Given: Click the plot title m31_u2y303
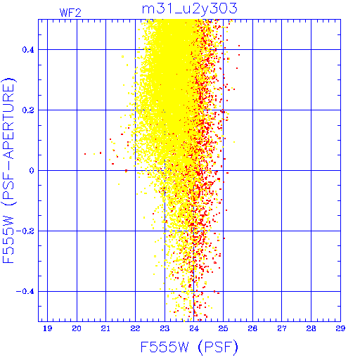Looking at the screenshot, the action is pos(190,9).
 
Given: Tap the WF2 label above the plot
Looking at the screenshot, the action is pos(70,13).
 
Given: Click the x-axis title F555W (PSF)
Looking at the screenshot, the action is pos(189,347).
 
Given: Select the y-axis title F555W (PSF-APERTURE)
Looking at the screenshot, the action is pos(9,170).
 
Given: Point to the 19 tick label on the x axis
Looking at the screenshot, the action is pos(47,328).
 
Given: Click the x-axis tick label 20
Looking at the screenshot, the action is pos(77,328).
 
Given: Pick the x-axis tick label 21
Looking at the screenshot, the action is pos(105,328).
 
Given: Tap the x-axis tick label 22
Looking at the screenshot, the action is pos(135,328).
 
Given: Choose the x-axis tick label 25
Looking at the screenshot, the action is pos(223,328).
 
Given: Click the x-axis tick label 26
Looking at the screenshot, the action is pos(252,328).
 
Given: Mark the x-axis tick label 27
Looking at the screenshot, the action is pos(282,328).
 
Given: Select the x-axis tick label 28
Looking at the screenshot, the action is pos(311,328).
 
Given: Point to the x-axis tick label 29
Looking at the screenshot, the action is pos(340,328).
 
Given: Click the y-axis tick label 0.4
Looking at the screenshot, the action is pos(28,50).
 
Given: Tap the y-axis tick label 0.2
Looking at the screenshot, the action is pos(28,110).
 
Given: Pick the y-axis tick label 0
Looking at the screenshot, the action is pos(32,171).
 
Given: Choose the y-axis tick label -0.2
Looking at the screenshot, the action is pos(25,231).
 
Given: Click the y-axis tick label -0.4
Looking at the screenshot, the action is pos(25,292).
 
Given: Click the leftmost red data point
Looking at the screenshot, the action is pos(85,154).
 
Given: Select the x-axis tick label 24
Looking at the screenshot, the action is pos(194,328).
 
